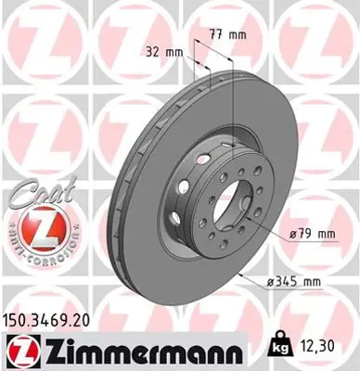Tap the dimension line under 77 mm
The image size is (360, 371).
click(x=225, y=46)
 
